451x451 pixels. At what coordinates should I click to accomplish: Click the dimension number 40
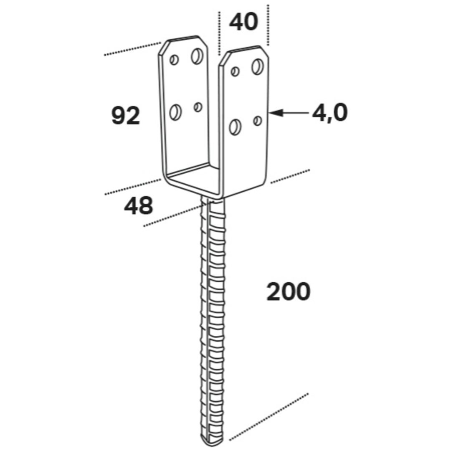point(243,22)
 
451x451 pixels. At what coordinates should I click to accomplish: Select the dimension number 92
point(126,115)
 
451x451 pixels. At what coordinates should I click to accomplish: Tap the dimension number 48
point(138,205)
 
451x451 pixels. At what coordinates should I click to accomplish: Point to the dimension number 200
point(289,291)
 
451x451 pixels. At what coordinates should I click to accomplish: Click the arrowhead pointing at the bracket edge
point(275,113)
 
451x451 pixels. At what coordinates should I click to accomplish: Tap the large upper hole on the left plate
point(197,56)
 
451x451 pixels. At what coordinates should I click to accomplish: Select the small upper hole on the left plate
point(174,60)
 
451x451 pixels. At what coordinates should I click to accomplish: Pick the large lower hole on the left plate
point(175,112)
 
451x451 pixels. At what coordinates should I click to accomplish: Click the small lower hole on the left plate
point(198,107)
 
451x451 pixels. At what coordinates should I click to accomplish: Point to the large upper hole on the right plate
point(258,66)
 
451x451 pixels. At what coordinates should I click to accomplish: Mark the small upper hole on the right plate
point(235,71)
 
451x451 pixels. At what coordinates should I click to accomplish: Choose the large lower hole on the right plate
point(236,127)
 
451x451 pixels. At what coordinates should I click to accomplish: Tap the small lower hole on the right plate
point(258,121)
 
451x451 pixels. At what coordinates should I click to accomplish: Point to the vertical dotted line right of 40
point(268,25)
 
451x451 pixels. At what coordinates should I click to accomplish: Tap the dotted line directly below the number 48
point(175,214)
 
